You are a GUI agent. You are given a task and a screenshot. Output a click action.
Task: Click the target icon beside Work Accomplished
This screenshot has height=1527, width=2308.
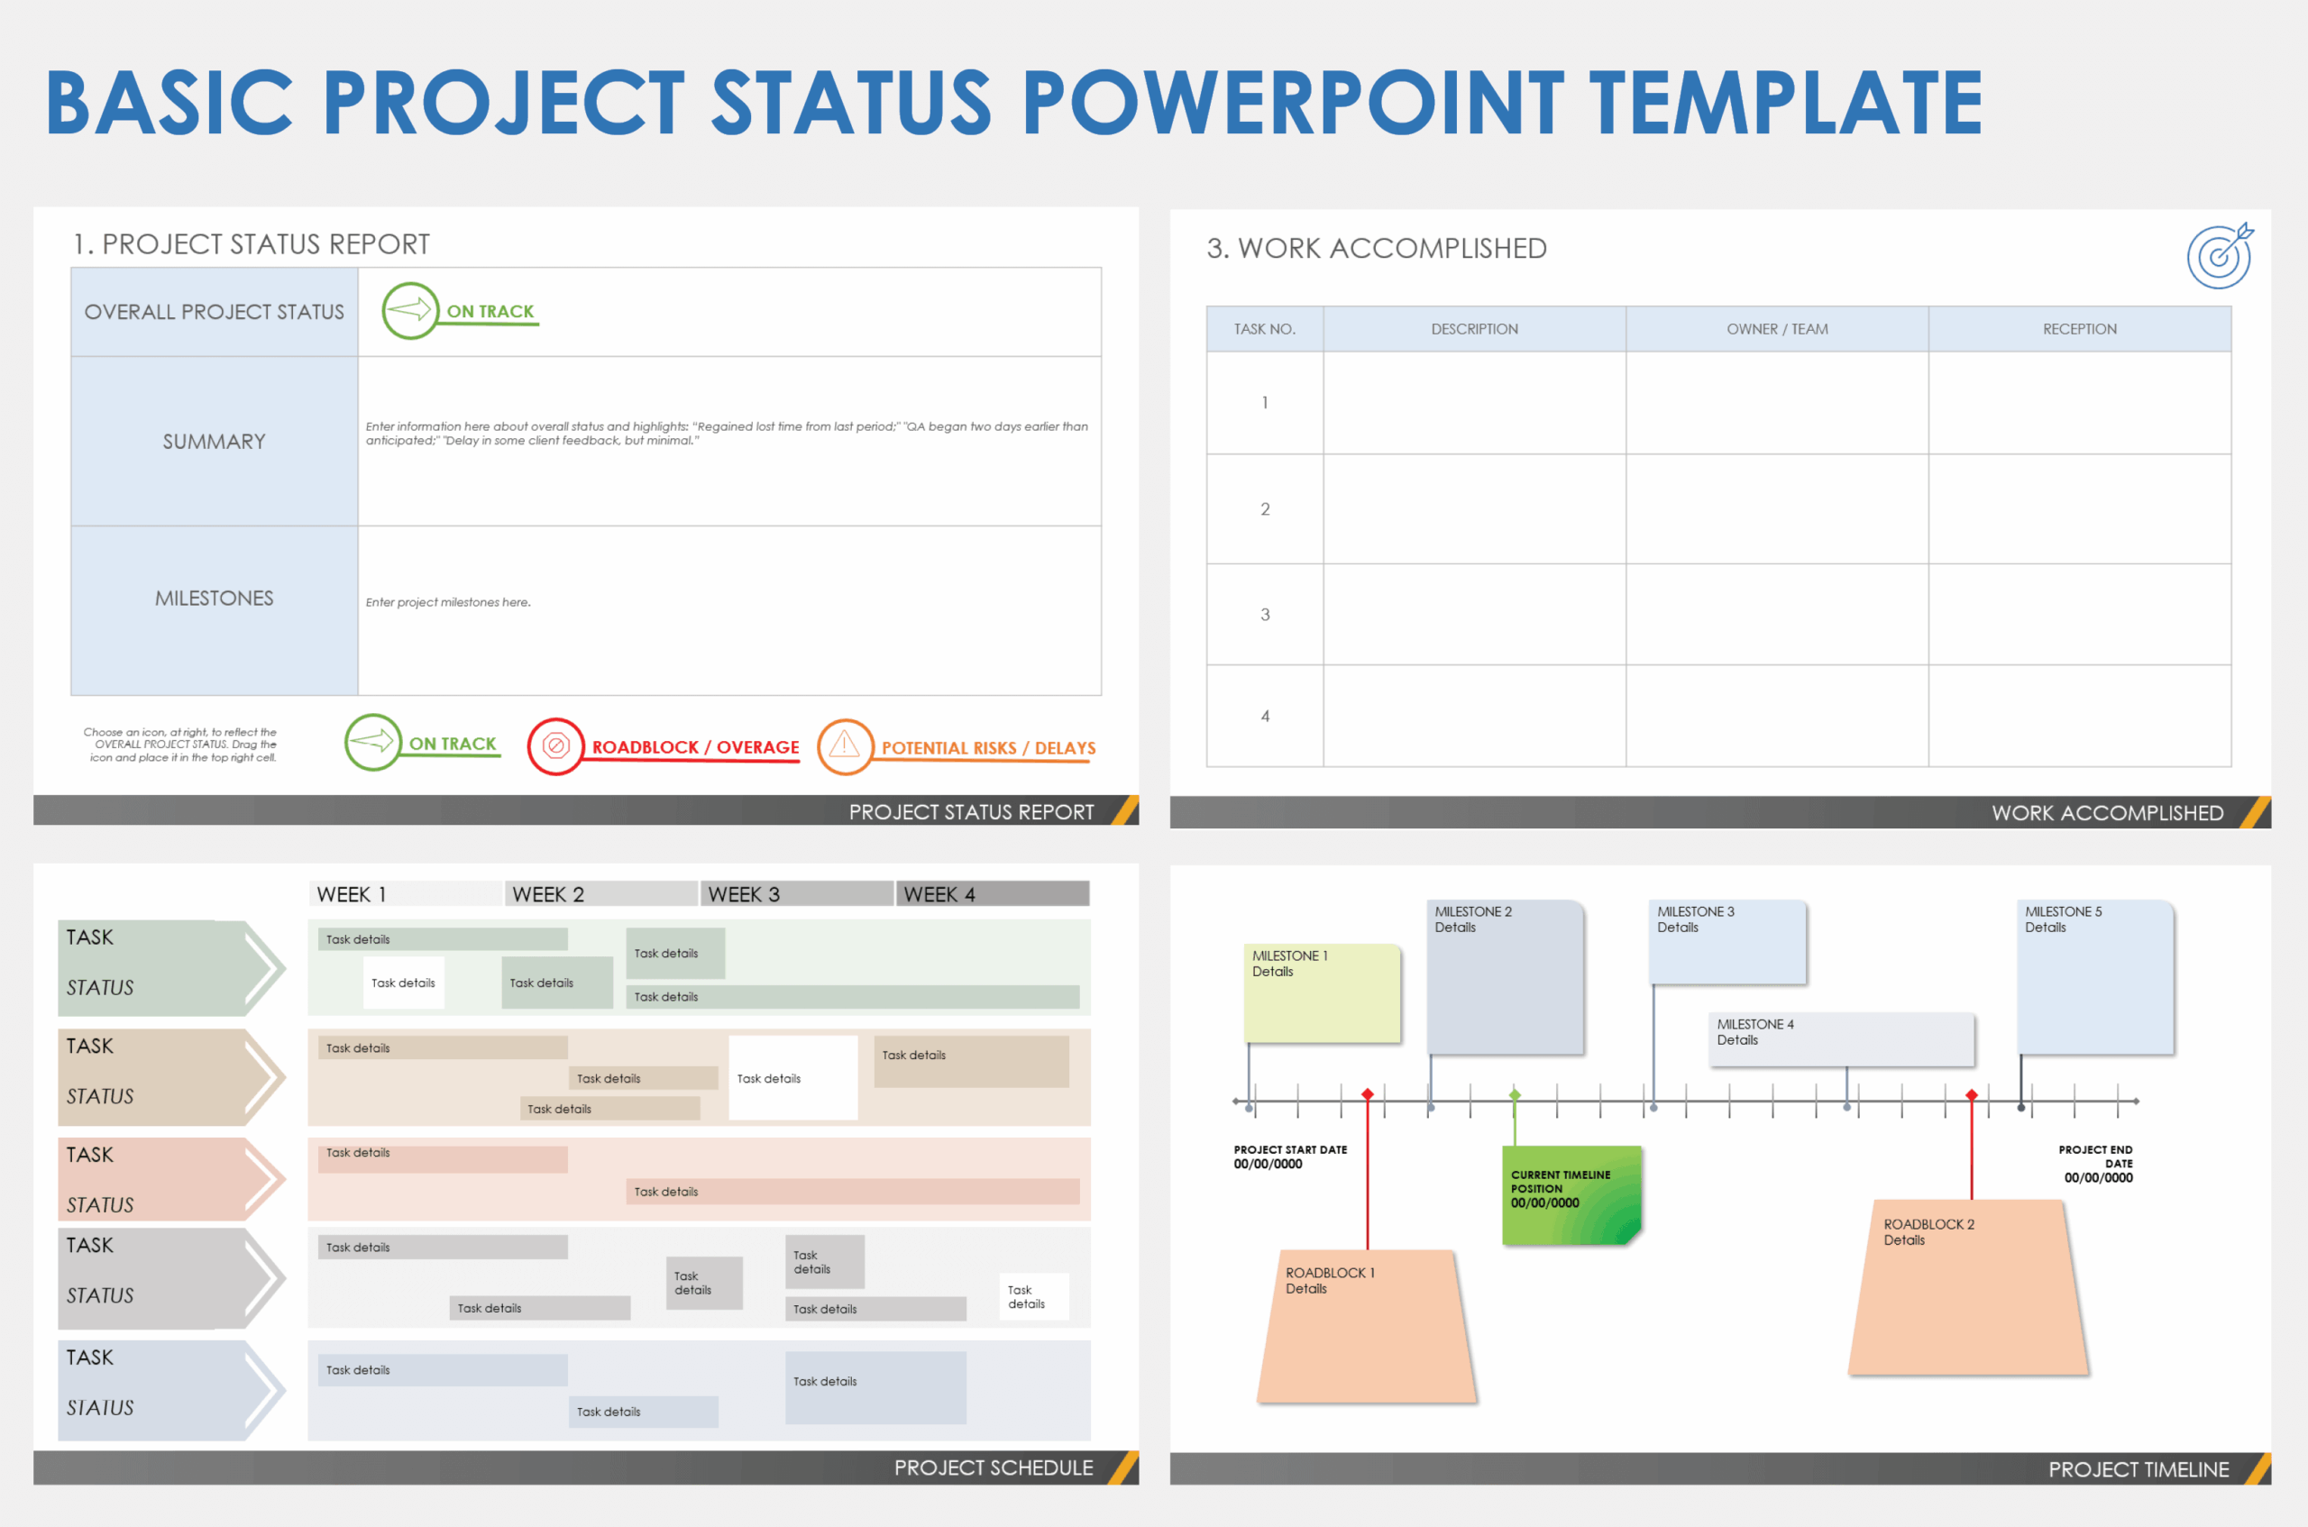point(2220,256)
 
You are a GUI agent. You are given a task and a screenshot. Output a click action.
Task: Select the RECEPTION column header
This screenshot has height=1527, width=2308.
point(2079,329)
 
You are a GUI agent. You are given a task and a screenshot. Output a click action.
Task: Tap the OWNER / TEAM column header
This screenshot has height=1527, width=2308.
point(1776,329)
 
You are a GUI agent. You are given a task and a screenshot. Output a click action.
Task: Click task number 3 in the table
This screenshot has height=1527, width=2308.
point(1264,615)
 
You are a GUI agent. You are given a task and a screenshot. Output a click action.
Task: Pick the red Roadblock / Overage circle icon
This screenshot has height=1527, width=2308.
point(555,746)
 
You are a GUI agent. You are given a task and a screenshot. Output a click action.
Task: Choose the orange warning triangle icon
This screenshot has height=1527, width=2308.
point(845,746)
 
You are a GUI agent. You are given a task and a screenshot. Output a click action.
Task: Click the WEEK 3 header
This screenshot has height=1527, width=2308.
point(744,894)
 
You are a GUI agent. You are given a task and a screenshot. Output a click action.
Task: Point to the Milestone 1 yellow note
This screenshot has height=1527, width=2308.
point(1322,992)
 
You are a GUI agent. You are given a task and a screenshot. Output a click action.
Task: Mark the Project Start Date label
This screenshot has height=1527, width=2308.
point(1289,1156)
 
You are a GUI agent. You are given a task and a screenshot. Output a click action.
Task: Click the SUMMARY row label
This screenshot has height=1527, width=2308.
point(215,441)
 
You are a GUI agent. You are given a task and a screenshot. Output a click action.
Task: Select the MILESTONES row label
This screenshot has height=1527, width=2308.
point(215,598)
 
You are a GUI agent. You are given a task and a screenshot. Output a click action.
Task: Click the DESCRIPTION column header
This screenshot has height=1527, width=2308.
point(1473,329)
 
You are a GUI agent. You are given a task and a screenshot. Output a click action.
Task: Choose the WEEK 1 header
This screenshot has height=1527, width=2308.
point(352,894)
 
